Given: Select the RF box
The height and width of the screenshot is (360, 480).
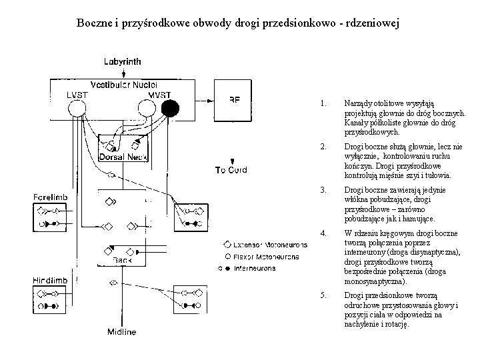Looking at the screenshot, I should [235, 100].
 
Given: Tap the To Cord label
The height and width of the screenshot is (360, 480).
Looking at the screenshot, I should [231, 170].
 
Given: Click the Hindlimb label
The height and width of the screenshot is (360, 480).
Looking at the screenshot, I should [49, 281].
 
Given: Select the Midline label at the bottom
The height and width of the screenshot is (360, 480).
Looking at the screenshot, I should [122, 332].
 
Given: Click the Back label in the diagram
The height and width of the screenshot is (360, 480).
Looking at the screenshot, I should [122, 259].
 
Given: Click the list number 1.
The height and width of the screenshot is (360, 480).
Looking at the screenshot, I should [323, 103].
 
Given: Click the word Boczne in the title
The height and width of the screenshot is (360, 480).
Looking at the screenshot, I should [94, 23].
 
